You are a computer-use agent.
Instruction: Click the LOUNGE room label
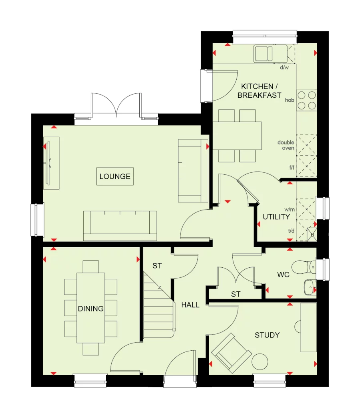115,176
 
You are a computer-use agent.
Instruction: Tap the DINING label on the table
91,309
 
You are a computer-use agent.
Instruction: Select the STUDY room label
267,335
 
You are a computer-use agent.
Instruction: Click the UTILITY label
276,217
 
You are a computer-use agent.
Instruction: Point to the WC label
284,275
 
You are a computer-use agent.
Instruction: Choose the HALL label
190,305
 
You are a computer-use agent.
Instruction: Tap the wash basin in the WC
309,286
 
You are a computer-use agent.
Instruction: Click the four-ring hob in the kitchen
306,100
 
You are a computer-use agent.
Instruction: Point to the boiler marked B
312,235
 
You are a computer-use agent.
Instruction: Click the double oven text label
286,145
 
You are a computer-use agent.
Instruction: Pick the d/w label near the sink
284,68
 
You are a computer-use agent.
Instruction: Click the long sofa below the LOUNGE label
120,225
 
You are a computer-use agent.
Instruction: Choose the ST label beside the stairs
157,266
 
